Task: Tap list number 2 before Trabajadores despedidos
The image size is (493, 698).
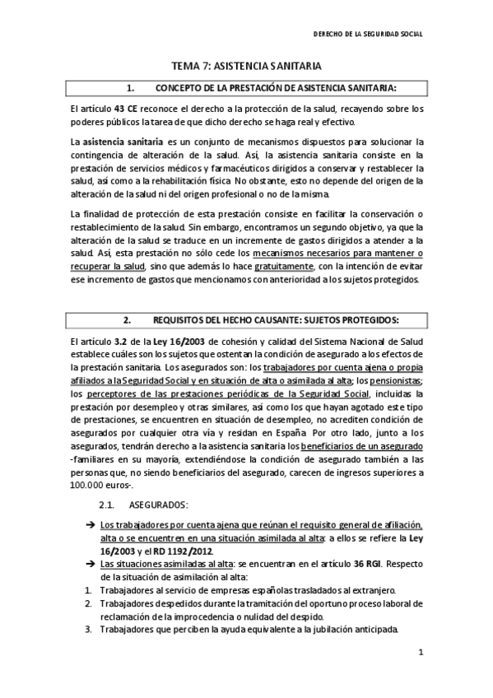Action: [88, 603]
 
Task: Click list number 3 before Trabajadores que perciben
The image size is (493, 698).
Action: [88, 631]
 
